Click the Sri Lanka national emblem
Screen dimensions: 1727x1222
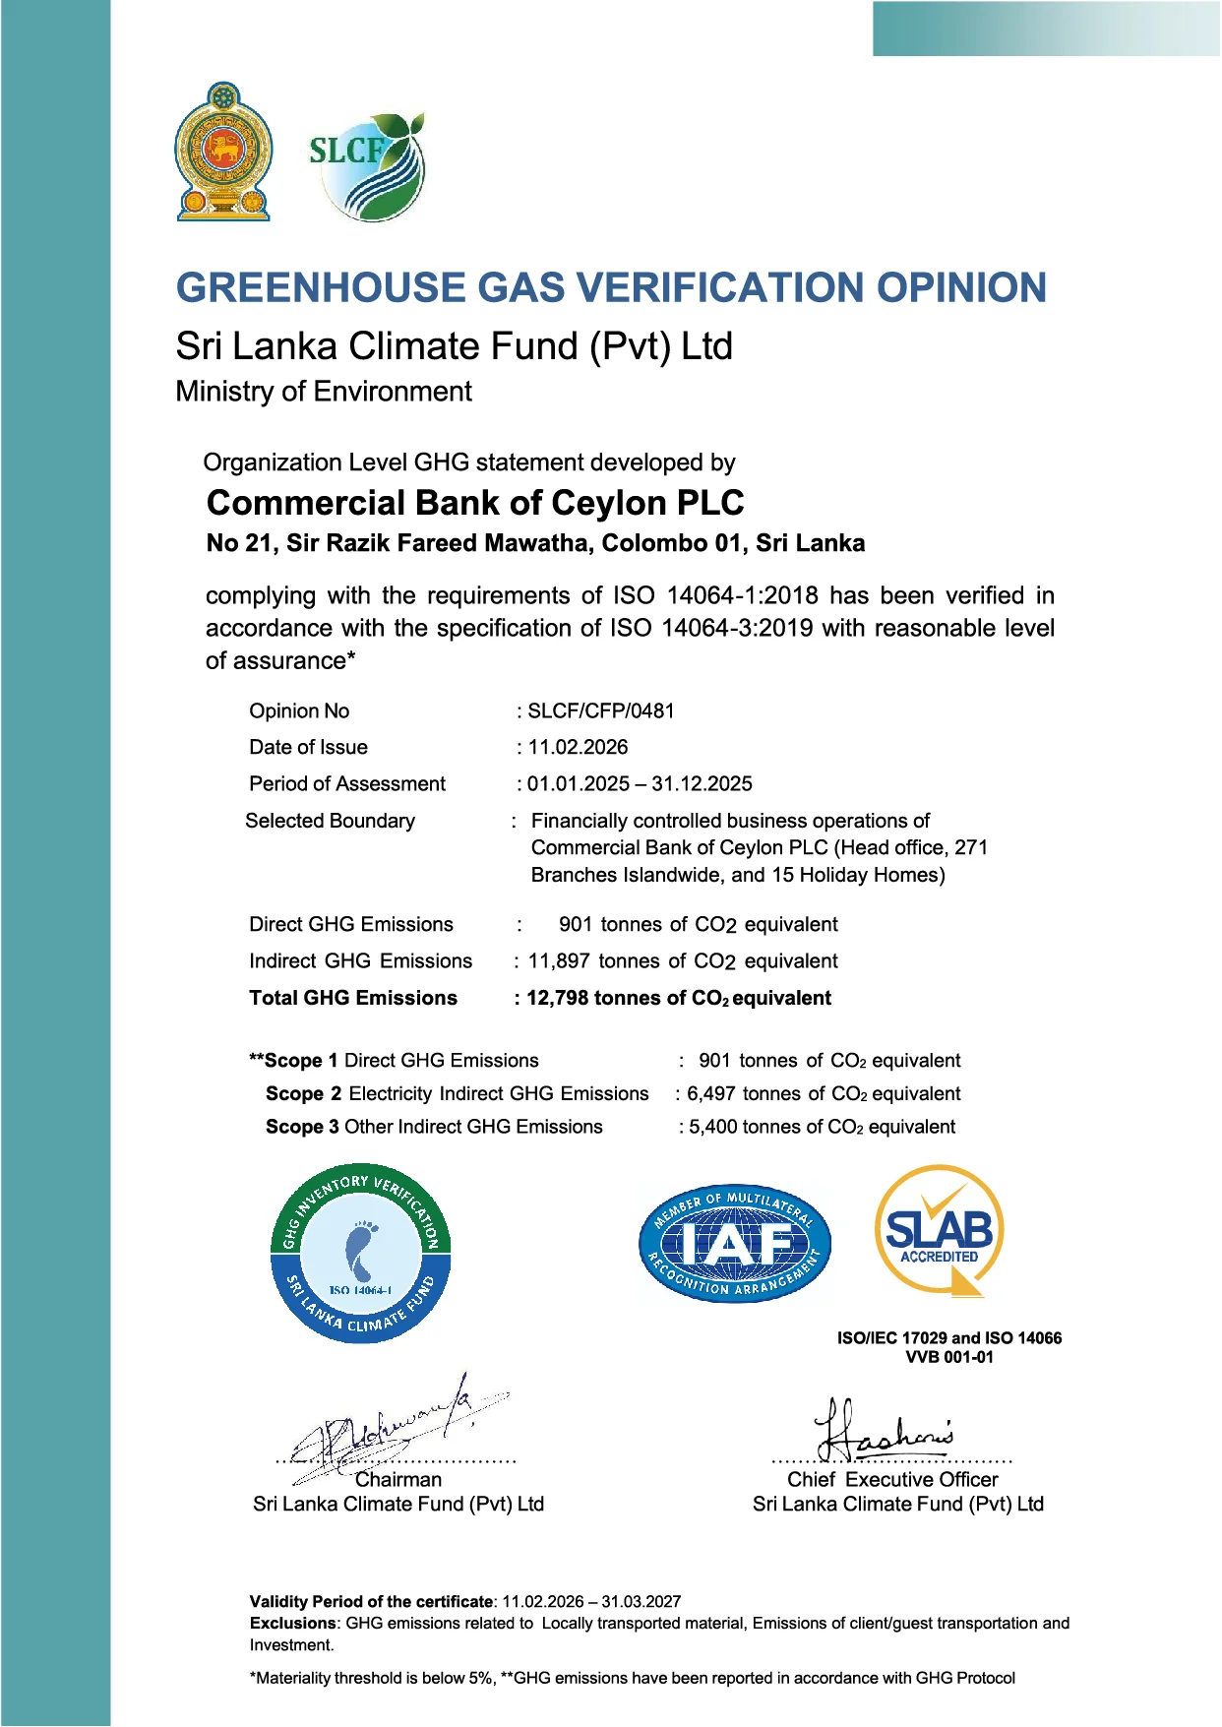pos(223,153)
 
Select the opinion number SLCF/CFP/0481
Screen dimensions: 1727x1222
pos(601,710)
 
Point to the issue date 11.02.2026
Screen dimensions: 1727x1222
pos(578,747)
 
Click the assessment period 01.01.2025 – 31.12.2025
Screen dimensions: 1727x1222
pos(640,783)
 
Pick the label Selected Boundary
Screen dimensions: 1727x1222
pos(330,821)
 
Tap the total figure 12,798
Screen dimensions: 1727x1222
pos(557,998)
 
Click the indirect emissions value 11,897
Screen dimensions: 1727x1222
pos(558,960)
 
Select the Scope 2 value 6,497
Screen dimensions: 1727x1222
pos(710,1093)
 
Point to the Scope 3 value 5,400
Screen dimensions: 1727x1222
pos(712,1127)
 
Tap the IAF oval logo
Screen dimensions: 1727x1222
pos(734,1243)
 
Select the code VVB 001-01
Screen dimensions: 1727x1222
pos(948,1357)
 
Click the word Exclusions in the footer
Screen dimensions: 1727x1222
pos(292,1623)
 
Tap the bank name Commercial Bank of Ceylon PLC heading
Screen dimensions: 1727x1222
pos(475,503)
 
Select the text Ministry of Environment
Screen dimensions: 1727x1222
pos(324,392)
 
